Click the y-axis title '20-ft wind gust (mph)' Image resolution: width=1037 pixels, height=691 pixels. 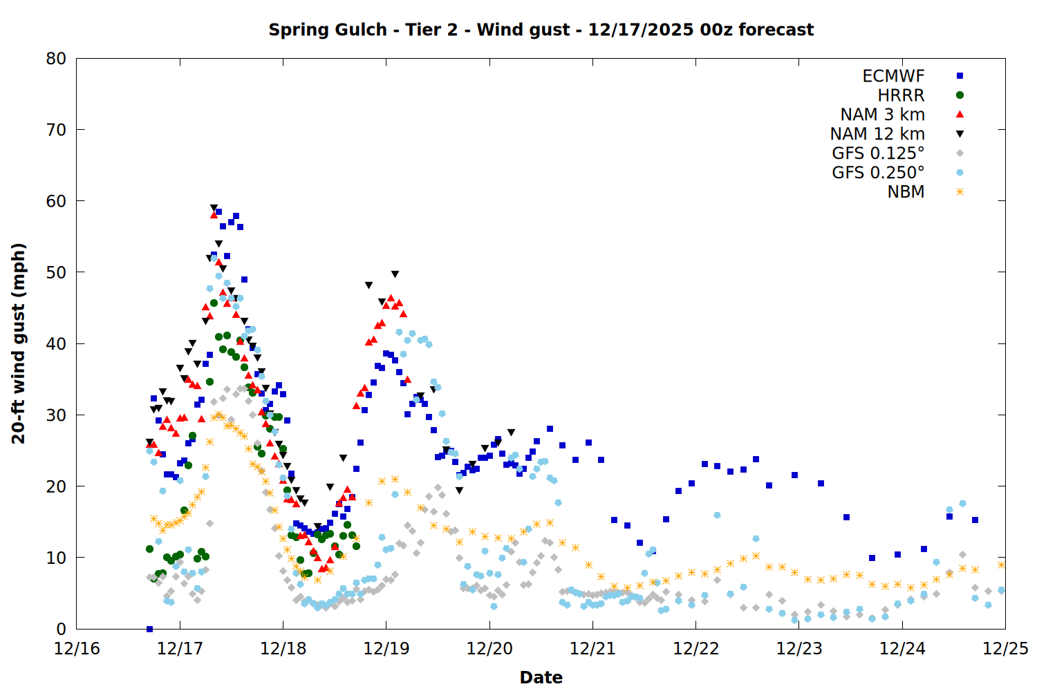coord(19,343)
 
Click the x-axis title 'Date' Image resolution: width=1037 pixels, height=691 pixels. coord(541,677)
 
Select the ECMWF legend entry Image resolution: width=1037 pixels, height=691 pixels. coord(893,76)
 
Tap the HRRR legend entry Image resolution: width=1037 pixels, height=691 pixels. coord(901,95)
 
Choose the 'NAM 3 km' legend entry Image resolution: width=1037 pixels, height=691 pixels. coord(882,115)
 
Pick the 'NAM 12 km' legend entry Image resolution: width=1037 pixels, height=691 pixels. coord(877,134)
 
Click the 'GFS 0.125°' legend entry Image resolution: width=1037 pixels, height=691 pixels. coord(878,153)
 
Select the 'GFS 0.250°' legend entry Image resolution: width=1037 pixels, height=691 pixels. coord(878,173)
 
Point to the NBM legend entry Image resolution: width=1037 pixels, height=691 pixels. coord(906,192)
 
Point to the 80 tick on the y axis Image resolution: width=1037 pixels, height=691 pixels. coord(56,59)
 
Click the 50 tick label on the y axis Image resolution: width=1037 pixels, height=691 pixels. coord(56,272)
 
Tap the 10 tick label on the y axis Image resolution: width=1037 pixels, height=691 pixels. coord(56,558)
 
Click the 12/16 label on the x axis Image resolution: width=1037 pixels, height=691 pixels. coord(77,650)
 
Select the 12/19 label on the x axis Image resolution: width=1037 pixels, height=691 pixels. coord(386,650)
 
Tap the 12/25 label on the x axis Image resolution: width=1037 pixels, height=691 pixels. coord(1005,650)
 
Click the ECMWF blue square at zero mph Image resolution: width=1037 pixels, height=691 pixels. coord(149,629)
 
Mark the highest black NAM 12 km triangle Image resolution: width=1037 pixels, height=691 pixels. coord(214,208)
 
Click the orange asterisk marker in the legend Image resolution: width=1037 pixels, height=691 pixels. coord(960,192)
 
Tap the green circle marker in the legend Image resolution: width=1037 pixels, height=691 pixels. coord(960,95)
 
